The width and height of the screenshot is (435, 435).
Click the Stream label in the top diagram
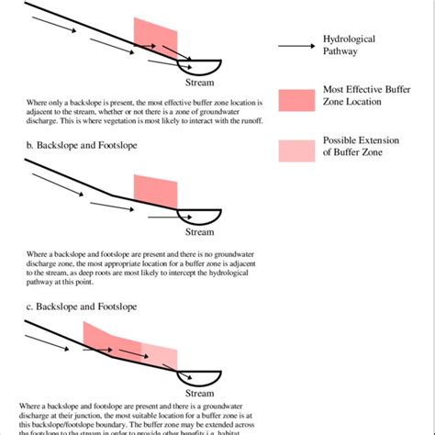coord(199,83)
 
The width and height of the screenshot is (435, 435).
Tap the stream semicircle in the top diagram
coord(199,66)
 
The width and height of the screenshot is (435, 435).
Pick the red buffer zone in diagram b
coord(155,191)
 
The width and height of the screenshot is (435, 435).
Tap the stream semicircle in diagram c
coord(199,375)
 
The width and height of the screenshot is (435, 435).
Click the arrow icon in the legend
coord(295,46)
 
